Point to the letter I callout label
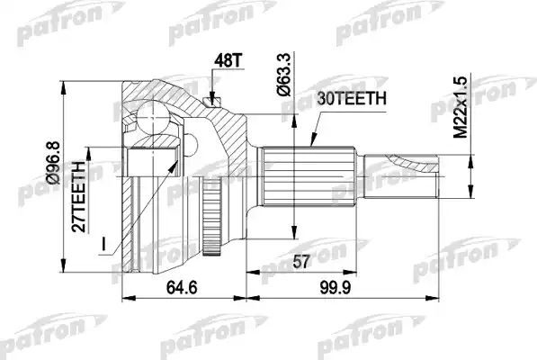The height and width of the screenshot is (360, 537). coord(106,241)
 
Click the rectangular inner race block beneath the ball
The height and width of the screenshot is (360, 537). coord(147,161)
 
